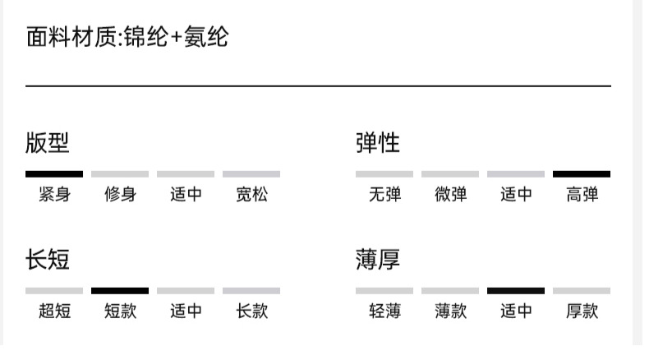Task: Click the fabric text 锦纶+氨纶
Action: [176, 38]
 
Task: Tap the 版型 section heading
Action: [48, 143]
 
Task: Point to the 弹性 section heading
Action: [378, 143]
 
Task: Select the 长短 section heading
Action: [48, 260]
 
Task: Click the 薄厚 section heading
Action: [378, 260]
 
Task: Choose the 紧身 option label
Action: [54, 195]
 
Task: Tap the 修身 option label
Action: [120, 195]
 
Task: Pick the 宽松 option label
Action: [251, 195]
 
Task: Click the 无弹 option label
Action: [384, 195]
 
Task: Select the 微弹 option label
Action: [450, 195]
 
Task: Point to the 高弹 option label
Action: [582, 195]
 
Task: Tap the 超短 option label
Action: [54, 312]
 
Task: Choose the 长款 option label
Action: [251, 312]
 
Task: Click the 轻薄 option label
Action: [384, 312]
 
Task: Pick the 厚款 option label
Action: [582, 312]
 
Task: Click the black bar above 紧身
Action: [54, 174]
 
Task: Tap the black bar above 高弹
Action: [582, 174]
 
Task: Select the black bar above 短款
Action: [120, 291]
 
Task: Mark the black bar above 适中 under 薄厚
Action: [516, 291]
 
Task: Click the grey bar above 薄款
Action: [450, 291]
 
